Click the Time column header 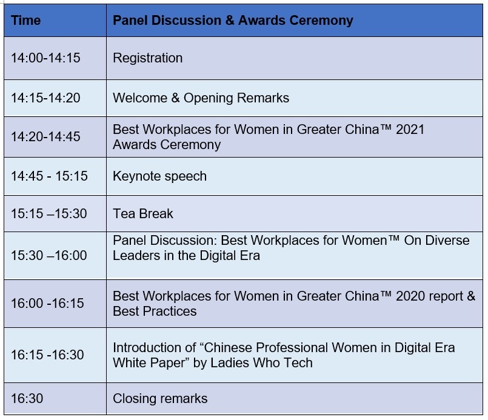(x=26, y=21)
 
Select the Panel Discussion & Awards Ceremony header (x=233, y=21)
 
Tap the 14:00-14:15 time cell (x=45, y=58)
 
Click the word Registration (x=147, y=58)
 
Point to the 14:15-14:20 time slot (x=45, y=98)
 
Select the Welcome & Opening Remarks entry (x=201, y=98)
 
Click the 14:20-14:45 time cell (x=45, y=136)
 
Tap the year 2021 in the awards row (x=410, y=130)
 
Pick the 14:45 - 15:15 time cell (x=49, y=176)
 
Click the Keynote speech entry (x=159, y=176)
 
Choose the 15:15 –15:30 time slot (x=49, y=214)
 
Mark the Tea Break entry (x=143, y=214)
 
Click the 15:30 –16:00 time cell (x=49, y=255)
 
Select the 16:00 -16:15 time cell (x=48, y=303)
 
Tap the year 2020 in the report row (x=410, y=296)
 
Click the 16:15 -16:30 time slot (x=48, y=355)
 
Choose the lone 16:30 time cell (x=27, y=399)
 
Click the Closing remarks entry (x=160, y=399)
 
